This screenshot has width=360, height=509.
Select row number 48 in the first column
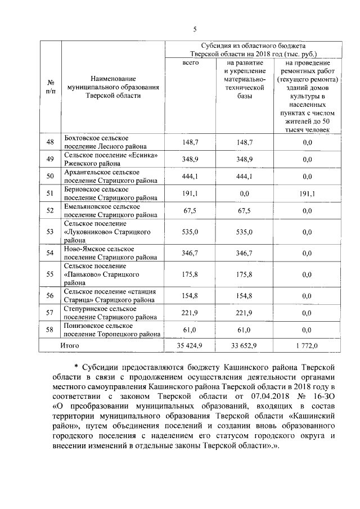click(49, 142)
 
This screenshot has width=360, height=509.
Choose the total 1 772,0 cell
click(307, 345)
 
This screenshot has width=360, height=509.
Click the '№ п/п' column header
click(49, 87)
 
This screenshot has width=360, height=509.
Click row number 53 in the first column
click(49, 232)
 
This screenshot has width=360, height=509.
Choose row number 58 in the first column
click(49, 330)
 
